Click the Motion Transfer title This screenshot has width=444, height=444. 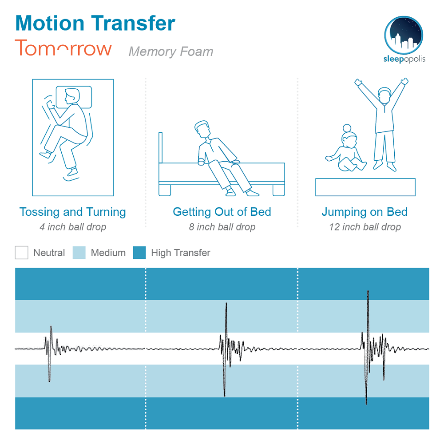tap(95, 23)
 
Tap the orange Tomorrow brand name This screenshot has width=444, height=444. tap(63, 48)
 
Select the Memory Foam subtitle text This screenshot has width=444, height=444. tap(171, 52)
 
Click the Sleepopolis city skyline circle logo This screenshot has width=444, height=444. tap(404, 35)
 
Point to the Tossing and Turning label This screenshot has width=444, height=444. tap(73, 212)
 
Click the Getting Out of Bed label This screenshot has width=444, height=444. tap(222, 212)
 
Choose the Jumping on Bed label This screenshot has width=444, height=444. tap(365, 212)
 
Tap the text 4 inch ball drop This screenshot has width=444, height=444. tap(73, 227)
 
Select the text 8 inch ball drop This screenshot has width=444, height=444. tap(222, 227)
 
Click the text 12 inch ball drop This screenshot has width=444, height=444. tap(365, 227)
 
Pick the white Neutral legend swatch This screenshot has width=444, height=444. tap(21, 253)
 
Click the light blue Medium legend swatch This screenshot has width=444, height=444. tap(79, 253)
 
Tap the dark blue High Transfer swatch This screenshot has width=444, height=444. tap(139, 253)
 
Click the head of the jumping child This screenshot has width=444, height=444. tap(385, 95)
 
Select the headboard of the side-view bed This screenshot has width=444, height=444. tap(161, 148)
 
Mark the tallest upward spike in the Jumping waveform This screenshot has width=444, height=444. tap(368, 292)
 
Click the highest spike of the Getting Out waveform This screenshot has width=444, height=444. tap(226, 304)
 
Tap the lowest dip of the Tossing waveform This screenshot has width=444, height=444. tap(49, 381)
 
